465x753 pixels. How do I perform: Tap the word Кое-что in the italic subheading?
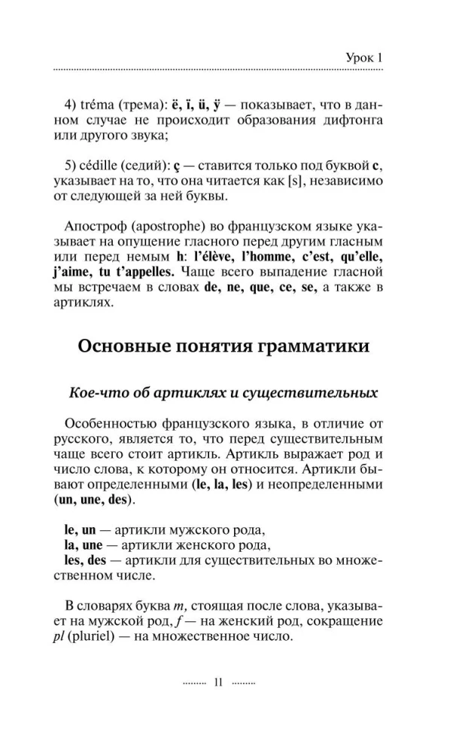(x=93, y=392)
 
